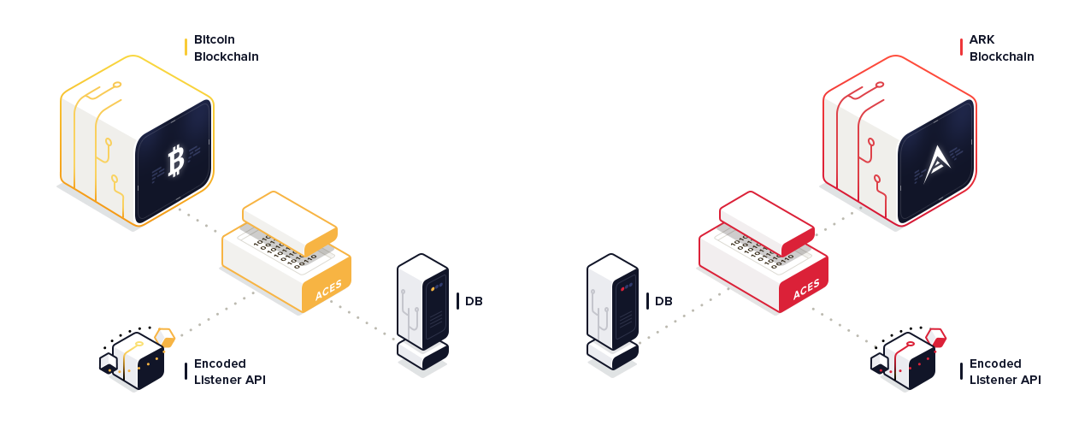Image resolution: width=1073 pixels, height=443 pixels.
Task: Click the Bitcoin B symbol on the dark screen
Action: click(176, 162)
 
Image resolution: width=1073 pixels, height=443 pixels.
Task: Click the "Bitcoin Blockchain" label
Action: click(226, 48)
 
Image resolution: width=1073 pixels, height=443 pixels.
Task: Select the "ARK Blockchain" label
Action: click(1001, 48)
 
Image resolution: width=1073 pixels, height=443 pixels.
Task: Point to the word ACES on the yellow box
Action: click(328, 290)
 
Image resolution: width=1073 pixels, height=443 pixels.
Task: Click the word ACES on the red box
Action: click(806, 290)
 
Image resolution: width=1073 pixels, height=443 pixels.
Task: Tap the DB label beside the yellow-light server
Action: click(474, 301)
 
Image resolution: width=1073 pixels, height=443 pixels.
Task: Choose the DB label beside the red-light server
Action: click(663, 301)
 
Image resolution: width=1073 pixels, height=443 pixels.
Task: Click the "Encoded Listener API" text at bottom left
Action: click(229, 372)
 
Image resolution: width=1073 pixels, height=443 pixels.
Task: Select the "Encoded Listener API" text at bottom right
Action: click(1005, 372)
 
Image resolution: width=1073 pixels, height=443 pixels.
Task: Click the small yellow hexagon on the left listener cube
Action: click(165, 337)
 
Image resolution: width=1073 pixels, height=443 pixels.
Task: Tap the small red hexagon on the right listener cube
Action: click(935, 337)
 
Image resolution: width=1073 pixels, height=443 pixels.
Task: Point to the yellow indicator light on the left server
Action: click(433, 289)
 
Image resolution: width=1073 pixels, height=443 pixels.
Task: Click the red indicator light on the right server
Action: click(622, 289)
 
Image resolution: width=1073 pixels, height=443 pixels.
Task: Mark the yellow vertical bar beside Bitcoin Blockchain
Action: click(186, 47)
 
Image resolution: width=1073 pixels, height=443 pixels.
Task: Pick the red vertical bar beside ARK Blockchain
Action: click(961, 47)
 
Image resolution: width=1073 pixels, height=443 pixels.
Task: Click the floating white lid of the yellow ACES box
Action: click(290, 224)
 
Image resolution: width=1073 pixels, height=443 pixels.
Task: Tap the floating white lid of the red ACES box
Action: click(767, 224)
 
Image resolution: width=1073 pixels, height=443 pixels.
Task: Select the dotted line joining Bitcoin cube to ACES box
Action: click(198, 221)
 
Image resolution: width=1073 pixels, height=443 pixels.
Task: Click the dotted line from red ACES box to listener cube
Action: click(841, 328)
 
